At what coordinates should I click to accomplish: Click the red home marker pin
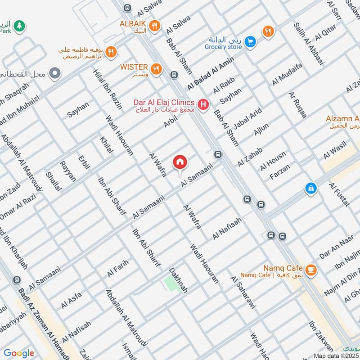point(180,162)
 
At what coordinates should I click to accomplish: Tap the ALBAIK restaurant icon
point(154,26)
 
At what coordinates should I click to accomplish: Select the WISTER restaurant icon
point(156,68)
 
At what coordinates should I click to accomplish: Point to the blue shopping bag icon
point(310,189)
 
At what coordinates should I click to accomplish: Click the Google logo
point(18,353)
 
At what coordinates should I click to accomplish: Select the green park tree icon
point(18,27)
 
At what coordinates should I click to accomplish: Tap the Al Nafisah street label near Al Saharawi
point(227,229)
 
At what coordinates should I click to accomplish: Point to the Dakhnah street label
point(178,280)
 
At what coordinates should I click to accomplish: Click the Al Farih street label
point(118,268)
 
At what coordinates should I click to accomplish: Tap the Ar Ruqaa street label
point(298,105)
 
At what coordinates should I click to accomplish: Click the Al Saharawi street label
point(243,292)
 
